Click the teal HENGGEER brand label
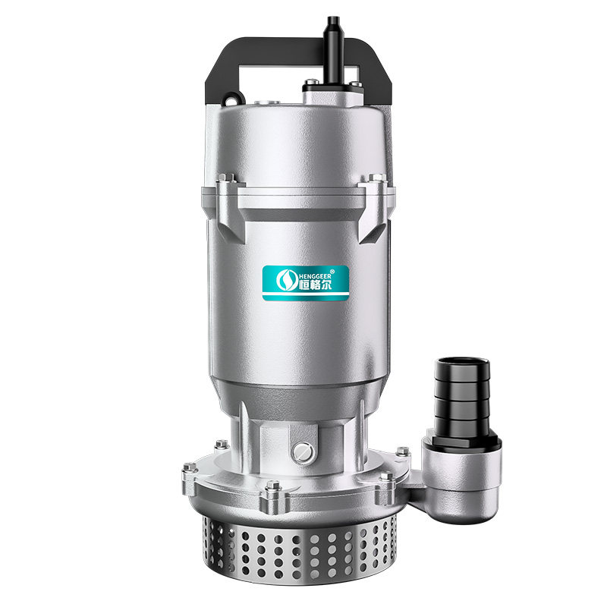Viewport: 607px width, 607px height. point(306,282)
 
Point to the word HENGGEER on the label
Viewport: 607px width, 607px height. point(316,276)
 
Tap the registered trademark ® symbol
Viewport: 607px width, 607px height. point(332,272)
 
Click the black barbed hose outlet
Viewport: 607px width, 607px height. point(462,399)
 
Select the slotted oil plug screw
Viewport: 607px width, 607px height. point(302,452)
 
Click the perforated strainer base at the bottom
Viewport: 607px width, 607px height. point(299,549)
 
